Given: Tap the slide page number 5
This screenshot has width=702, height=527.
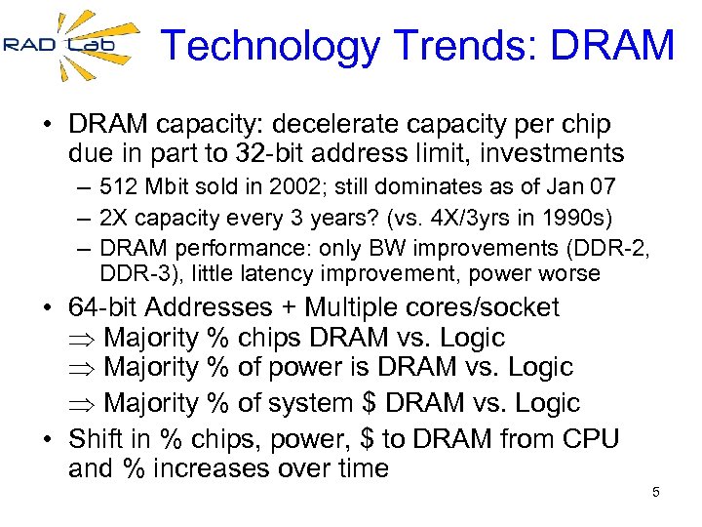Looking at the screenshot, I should (x=656, y=492).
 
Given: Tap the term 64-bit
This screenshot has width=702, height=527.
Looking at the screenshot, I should (x=103, y=307).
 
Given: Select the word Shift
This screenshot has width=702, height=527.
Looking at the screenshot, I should (x=97, y=439).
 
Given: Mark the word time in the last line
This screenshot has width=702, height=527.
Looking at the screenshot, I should (x=360, y=468).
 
